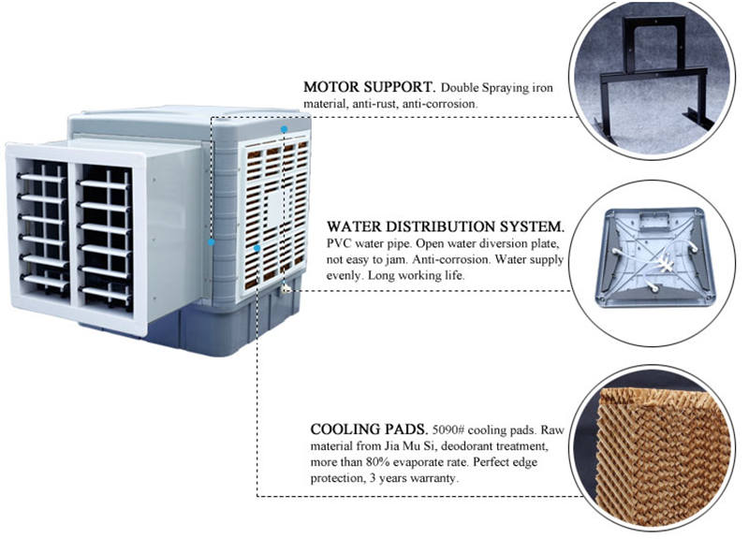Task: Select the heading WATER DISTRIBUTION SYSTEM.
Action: (x=446, y=226)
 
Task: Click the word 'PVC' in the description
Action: (x=339, y=243)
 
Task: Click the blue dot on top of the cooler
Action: (x=284, y=127)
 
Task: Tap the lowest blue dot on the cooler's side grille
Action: (x=257, y=248)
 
